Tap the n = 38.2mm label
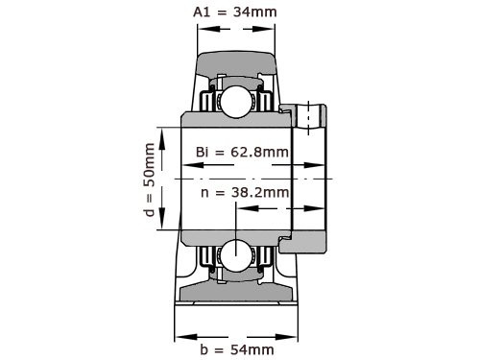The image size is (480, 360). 246,192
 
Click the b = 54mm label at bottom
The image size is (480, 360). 236,348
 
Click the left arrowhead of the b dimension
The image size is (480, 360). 180,335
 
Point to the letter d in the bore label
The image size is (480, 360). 148,214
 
